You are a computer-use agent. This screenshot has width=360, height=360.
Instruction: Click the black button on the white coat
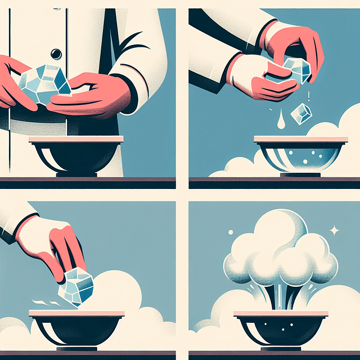point(56,53)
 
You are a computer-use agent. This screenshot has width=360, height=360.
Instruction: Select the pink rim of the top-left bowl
point(75,139)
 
